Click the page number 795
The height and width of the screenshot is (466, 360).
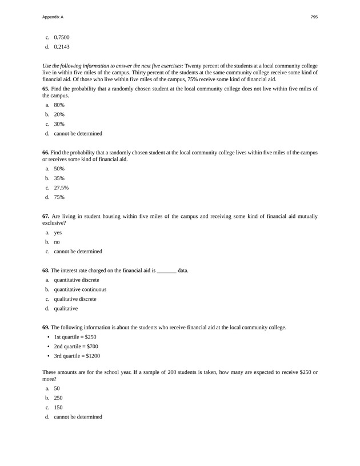(314, 17)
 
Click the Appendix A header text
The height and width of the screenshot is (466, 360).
(53, 17)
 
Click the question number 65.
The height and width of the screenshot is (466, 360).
(46, 89)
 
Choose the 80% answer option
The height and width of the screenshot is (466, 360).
(59, 105)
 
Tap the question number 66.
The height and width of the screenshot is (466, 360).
(46, 153)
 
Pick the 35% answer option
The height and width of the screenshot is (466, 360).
(59, 178)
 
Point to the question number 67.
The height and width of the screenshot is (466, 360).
(46, 216)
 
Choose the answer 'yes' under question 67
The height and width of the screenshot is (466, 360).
(57, 233)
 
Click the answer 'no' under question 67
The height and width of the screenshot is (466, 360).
(57, 242)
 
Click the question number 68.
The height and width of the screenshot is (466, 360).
(46, 270)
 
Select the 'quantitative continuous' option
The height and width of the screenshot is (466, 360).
(80, 289)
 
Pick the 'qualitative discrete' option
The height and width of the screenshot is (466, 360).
(75, 299)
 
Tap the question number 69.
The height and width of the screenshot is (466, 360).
(46, 328)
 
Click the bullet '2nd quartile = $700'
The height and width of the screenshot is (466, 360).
(76, 346)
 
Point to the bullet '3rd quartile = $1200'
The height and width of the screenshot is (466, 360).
(77, 356)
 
